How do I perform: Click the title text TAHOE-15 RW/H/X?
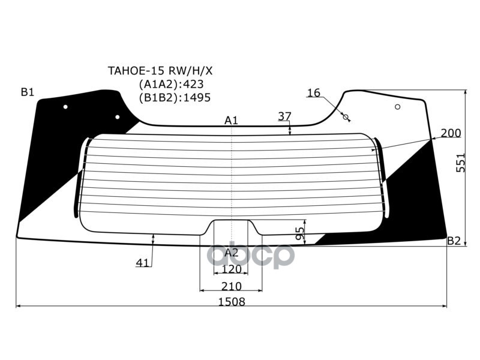(160, 71)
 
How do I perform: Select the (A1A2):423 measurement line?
(171, 84)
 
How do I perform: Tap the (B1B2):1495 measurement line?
(175, 98)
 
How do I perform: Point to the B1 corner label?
(28, 92)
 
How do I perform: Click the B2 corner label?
(454, 241)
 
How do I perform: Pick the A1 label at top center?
(231, 121)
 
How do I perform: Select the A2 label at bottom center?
(231, 253)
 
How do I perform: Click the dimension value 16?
(313, 92)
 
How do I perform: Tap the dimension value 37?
(284, 116)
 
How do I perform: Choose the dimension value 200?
(451, 133)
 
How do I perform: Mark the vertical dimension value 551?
(460, 163)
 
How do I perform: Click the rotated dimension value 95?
(301, 233)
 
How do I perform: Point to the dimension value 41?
(143, 263)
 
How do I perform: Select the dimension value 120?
(231, 269)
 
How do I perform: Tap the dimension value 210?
(232, 287)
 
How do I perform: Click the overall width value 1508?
(232, 302)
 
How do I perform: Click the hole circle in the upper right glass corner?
(397, 107)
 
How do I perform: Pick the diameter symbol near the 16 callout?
(346, 117)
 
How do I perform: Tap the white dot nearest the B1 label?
(65, 107)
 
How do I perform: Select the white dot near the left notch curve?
(117, 117)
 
